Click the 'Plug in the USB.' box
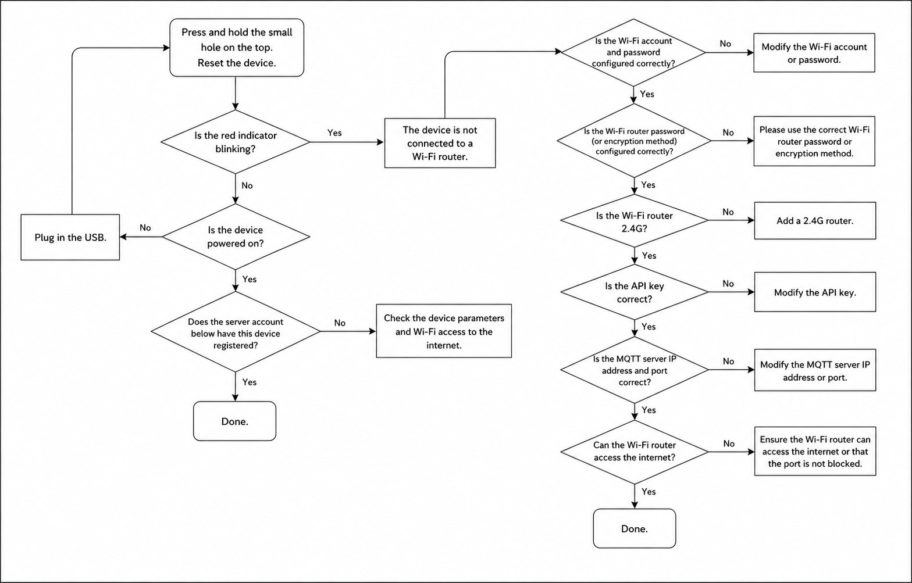70,237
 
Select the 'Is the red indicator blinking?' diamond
235,142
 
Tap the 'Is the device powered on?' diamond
236,237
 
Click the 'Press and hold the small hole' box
237,48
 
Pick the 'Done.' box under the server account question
234,421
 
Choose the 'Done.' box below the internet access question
634,528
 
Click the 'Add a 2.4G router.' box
814,221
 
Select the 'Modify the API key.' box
814,292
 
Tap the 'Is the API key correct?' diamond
634,292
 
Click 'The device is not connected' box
440,143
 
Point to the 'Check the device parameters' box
444,331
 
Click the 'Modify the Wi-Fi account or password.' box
814,53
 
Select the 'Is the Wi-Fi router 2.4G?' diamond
634,221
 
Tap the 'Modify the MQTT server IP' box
814,370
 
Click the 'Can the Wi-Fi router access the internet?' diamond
634,451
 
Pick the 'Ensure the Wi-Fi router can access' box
814,452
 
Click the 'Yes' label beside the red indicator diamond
334,133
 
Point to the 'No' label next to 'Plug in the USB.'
145,228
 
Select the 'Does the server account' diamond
235,332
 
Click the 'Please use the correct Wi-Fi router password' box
814,141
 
